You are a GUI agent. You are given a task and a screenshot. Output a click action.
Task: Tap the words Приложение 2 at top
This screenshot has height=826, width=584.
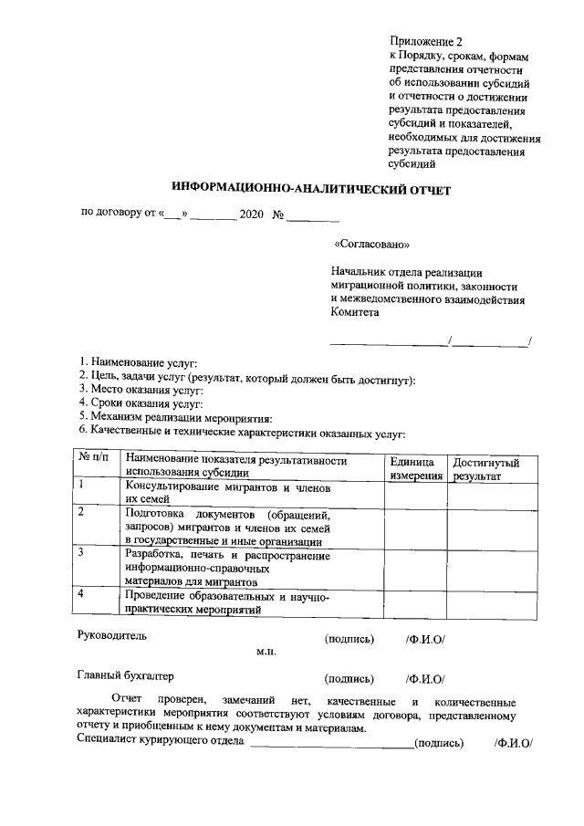(426, 42)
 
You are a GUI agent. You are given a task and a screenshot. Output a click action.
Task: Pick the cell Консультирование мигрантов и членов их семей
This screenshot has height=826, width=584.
(226, 494)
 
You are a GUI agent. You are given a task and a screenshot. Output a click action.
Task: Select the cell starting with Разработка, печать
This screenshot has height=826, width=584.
(226, 567)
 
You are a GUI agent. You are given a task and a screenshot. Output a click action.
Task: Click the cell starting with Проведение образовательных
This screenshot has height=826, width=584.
(226, 602)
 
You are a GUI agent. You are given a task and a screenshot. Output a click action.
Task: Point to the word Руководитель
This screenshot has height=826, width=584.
(111, 635)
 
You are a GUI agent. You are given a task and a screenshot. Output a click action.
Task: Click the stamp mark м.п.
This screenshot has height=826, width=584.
(266, 652)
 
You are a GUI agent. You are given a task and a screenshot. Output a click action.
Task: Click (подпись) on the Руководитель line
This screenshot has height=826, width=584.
(349, 638)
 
